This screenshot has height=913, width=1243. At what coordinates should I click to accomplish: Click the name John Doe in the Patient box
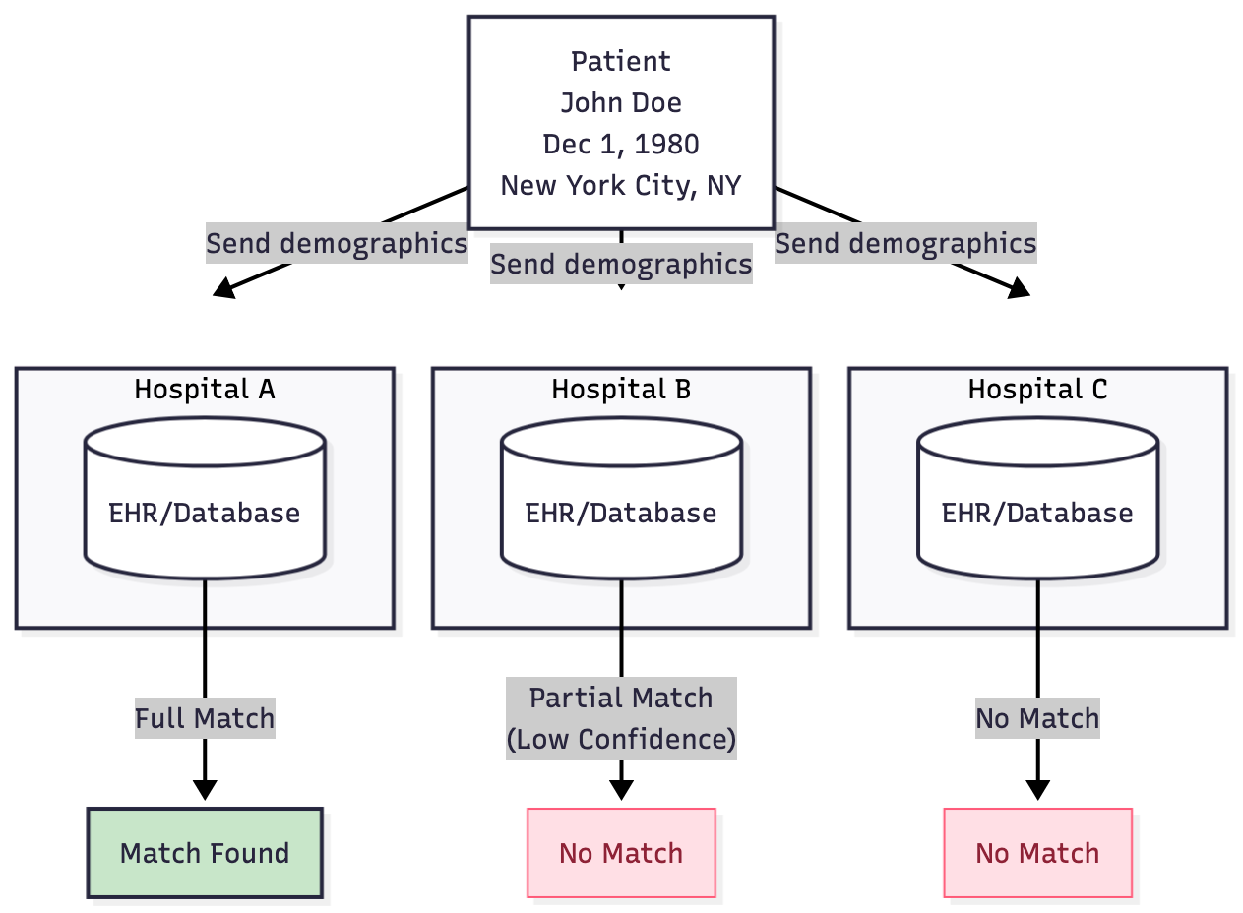pyautogui.click(x=621, y=102)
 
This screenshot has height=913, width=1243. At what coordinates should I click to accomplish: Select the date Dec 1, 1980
pyautogui.click(x=621, y=144)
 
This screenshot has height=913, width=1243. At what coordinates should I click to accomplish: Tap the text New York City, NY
pyautogui.click(x=621, y=185)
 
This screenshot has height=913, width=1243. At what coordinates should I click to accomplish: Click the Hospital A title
pyautogui.click(x=205, y=389)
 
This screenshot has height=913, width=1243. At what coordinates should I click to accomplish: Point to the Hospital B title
pyautogui.click(x=621, y=389)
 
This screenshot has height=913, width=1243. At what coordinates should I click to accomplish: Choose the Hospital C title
pyautogui.click(x=1037, y=389)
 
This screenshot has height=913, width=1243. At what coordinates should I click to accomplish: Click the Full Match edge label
pyautogui.click(x=205, y=718)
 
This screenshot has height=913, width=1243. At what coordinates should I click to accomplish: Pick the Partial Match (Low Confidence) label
pyautogui.click(x=621, y=718)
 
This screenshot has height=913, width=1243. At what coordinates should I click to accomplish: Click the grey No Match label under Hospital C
pyautogui.click(x=1037, y=718)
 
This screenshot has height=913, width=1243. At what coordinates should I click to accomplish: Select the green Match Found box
pyautogui.click(x=205, y=853)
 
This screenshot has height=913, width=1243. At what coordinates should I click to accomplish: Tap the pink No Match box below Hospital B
pyautogui.click(x=621, y=853)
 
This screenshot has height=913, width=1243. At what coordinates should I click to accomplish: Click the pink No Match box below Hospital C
pyautogui.click(x=1037, y=853)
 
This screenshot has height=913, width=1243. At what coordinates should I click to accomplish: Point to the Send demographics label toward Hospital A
pyautogui.click(x=337, y=243)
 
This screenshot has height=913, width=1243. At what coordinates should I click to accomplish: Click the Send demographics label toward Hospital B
pyautogui.click(x=621, y=264)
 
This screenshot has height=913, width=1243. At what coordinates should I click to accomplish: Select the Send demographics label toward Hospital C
pyautogui.click(x=905, y=243)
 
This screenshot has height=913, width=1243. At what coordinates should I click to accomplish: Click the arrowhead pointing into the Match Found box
pyautogui.click(x=205, y=790)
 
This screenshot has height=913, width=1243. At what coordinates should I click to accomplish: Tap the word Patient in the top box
pyautogui.click(x=621, y=61)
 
